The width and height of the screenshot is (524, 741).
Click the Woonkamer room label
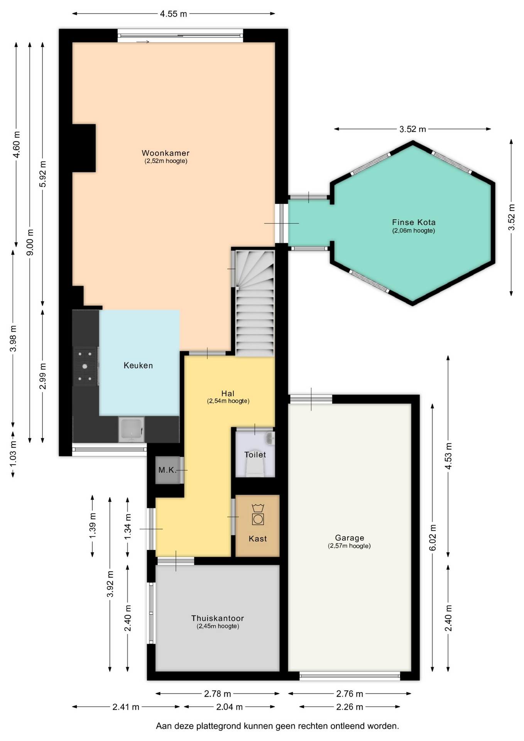point(166,153)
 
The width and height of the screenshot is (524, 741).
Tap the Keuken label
point(138,365)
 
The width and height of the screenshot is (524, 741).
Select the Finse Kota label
point(414,222)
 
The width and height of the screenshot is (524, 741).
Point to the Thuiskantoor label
point(218,618)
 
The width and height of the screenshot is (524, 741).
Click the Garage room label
point(350,538)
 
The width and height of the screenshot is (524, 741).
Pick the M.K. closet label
point(167,470)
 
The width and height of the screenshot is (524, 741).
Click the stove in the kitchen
point(85,366)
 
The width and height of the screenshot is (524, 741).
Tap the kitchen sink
point(131,429)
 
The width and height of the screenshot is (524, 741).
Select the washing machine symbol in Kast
point(258,514)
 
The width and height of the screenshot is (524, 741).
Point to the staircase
point(255,303)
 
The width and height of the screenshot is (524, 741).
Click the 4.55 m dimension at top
point(174,14)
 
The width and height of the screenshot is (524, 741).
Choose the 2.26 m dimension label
point(350,707)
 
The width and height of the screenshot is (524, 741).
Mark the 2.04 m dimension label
point(229,707)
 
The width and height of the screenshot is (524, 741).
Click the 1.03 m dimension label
point(13,453)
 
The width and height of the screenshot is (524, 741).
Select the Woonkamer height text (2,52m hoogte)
point(166,161)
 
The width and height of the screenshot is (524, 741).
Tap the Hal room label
point(228,394)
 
